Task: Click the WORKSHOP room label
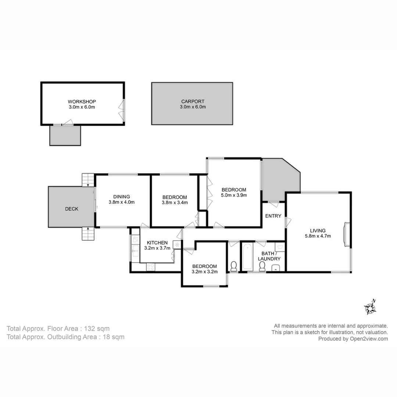(82, 101)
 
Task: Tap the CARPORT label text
(193, 101)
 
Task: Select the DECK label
(72, 209)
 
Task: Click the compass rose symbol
(370, 308)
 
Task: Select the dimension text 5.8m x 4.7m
(318, 236)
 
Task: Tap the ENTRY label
(273, 216)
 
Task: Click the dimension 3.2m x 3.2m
(205, 272)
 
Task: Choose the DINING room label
(121, 196)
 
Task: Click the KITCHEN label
(157, 243)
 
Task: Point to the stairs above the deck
(88, 180)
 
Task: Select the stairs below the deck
(88, 234)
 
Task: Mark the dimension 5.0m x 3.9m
(234, 195)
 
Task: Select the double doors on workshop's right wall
(122, 109)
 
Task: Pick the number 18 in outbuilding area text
(104, 337)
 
